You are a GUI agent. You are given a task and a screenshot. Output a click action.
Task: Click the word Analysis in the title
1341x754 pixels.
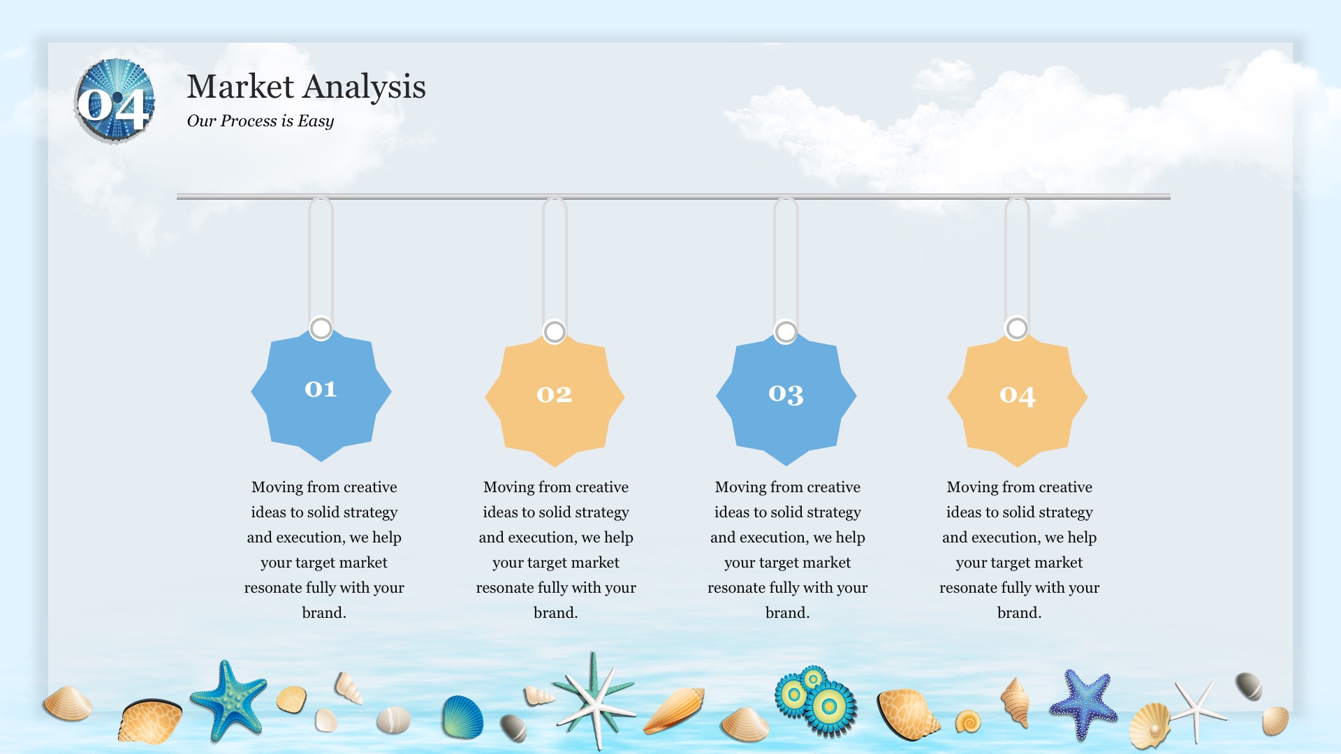tap(365, 87)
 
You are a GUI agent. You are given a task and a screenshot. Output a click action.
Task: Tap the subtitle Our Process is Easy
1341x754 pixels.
tap(261, 121)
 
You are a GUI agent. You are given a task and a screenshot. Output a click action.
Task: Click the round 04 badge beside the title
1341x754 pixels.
tap(115, 102)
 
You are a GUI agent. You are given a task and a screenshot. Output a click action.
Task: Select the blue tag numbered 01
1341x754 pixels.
tap(321, 394)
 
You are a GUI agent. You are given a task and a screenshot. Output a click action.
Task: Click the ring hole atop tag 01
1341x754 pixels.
tap(321, 328)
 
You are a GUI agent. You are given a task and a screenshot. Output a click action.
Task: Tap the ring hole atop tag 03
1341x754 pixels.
tap(786, 332)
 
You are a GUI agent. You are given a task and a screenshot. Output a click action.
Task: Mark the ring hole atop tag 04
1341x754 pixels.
tap(1017, 328)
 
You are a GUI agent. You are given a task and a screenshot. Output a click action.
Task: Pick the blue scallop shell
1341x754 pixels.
tap(462, 717)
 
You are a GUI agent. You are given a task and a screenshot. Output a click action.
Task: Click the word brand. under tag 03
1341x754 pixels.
tap(788, 613)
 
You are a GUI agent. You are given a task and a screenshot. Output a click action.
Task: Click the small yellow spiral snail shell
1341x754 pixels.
tap(968, 721)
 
